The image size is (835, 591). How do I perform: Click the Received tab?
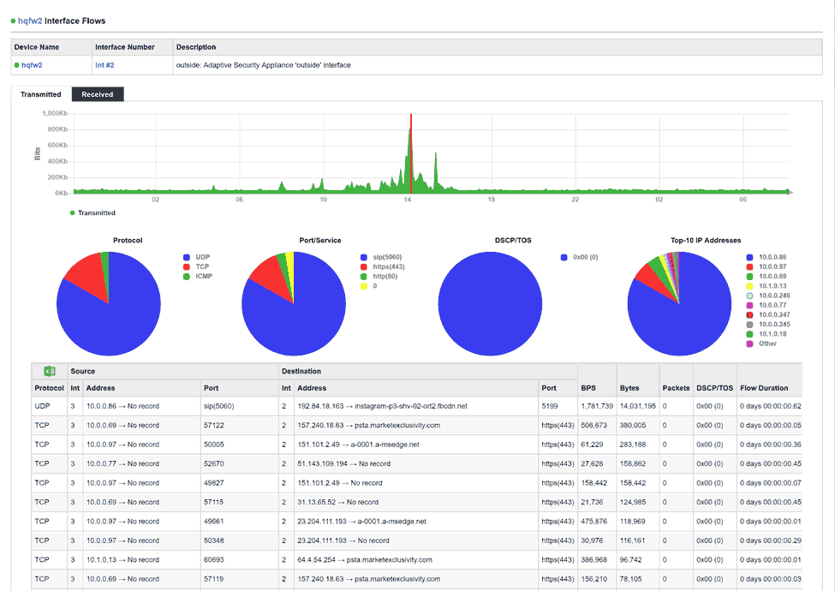pos(98,94)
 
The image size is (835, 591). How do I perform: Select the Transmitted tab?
pos(41,94)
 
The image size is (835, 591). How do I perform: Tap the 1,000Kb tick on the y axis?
pos(54,114)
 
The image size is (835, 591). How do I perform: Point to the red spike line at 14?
pos(410,154)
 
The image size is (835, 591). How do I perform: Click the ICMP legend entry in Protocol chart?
pos(202,277)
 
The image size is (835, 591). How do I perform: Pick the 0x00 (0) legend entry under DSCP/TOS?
pos(585,256)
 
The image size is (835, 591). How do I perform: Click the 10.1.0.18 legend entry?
pos(774,334)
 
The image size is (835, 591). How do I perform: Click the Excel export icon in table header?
pos(50,371)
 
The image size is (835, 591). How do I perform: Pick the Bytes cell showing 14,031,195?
pos(637,406)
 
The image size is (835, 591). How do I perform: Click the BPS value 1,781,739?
pos(596,406)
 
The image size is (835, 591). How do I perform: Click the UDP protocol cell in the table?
pos(43,406)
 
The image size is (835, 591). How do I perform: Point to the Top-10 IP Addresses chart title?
pos(706,241)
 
